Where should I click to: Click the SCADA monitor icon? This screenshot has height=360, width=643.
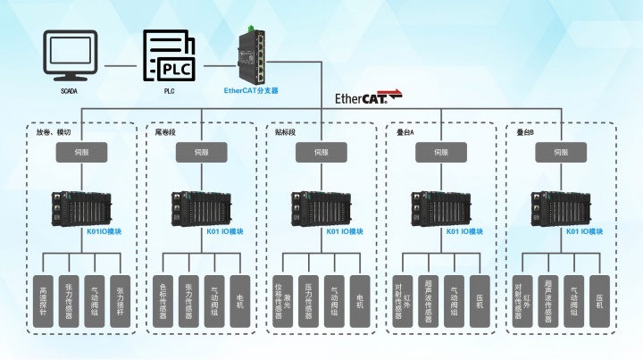click(69, 55)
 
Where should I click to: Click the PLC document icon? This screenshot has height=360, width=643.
click(169, 56)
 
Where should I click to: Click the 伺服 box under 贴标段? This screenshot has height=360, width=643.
click(324, 153)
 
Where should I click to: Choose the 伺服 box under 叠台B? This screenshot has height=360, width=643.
click(564, 153)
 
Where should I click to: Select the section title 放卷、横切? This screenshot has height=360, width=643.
click(54, 132)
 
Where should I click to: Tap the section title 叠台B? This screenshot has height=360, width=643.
click(525, 132)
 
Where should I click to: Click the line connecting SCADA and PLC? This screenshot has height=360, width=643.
click(121, 65)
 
